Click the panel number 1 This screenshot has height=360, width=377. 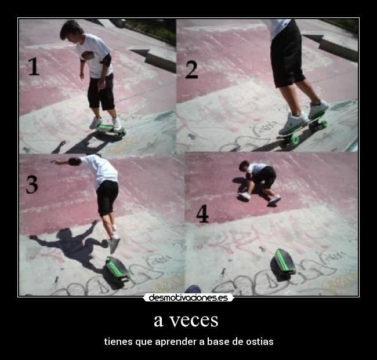pyautogui.click(x=33, y=67)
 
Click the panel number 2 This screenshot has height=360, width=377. pyautogui.click(x=192, y=69)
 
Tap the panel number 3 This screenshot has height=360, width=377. pyautogui.click(x=32, y=184)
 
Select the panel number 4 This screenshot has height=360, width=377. pyautogui.click(x=202, y=213)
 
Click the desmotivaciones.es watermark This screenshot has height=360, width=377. pyautogui.click(x=188, y=298)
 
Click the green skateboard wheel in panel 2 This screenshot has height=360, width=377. pyautogui.click(x=294, y=140)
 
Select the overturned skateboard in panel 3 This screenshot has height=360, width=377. pyautogui.click(x=117, y=270)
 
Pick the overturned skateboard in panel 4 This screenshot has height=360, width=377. pyautogui.click(x=284, y=263)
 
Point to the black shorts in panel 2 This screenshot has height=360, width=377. pyautogui.click(x=287, y=55)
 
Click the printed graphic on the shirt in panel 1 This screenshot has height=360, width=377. pyautogui.click(x=88, y=56)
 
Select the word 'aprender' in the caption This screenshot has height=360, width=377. pyautogui.click(x=176, y=341)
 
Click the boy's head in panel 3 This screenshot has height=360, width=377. pyautogui.click(x=74, y=162)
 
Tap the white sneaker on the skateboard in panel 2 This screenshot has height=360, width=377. pyautogui.click(x=293, y=122)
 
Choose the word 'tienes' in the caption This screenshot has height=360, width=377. pyautogui.click(x=118, y=341)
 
